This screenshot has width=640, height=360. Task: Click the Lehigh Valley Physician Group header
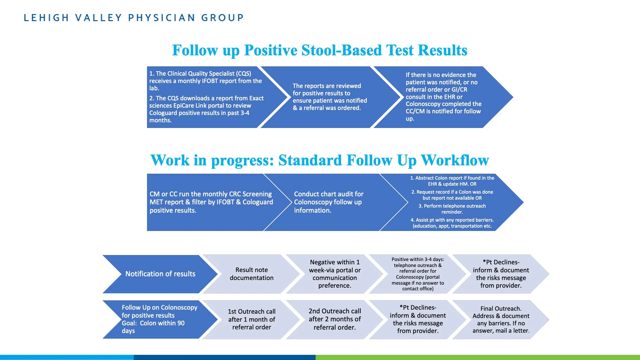[134, 18]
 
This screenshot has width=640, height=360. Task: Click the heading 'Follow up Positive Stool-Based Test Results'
[320, 50]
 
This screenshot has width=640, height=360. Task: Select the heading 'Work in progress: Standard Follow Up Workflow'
[320, 160]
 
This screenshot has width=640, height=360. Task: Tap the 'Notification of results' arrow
[160, 274]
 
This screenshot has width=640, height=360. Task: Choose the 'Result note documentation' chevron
[252, 274]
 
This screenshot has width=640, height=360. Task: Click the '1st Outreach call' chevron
[252, 319]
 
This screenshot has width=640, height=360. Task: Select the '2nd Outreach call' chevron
[335, 319]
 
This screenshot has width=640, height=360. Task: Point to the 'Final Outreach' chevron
[501, 319]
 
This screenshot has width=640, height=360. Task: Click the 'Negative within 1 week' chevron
[335, 274]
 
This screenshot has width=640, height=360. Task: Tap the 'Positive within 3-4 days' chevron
[418, 274]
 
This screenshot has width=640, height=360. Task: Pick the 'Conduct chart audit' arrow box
[336, 202]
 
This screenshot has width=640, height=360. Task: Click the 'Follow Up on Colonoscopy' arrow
[160, 319]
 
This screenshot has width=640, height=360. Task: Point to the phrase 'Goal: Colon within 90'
[153, 323]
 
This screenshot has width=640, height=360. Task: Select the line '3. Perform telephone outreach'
[452, 206]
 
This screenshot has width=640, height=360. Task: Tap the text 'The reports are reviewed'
[327, 86]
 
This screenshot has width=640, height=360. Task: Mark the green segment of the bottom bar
[478, 357]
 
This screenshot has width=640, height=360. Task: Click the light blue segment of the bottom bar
[67, 357]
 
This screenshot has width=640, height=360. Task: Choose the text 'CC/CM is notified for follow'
[443, 111]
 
